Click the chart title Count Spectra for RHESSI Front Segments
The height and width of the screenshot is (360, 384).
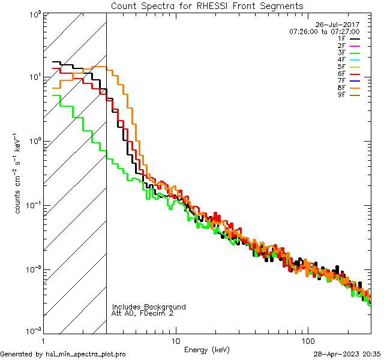(x=207, y=6)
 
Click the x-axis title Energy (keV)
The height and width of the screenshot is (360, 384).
(x=207, y=349)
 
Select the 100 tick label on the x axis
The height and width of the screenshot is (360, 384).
(x=307, y=340)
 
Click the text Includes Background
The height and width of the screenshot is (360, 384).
(x=149, y=307)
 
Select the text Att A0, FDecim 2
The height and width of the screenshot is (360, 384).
(x=142, y=313)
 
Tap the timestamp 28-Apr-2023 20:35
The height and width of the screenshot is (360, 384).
(x=346, y=354)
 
